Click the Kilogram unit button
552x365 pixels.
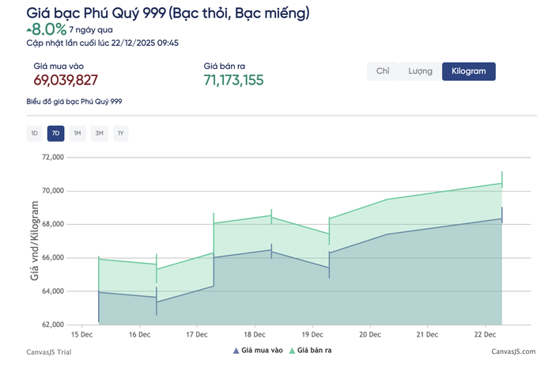[x=468, y=71]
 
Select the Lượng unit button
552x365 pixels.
[x=420, y=71]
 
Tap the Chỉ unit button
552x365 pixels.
[x=383, y=71]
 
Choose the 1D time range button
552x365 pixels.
[x=34, y=133]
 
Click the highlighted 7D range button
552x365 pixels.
[x=55, y=133]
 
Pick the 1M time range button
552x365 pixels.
[x=78, y=133]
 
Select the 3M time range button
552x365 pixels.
[x=99, y=133]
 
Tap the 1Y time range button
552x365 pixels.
[x=120, y=133]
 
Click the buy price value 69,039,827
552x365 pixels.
[x=66, y=80]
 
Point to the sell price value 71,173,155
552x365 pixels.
[x=233, y=80]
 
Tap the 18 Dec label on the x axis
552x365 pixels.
[x=255, y=336]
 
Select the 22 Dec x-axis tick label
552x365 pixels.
[x=485, y=336]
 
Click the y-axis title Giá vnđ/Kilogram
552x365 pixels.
[x=35, y=241]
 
